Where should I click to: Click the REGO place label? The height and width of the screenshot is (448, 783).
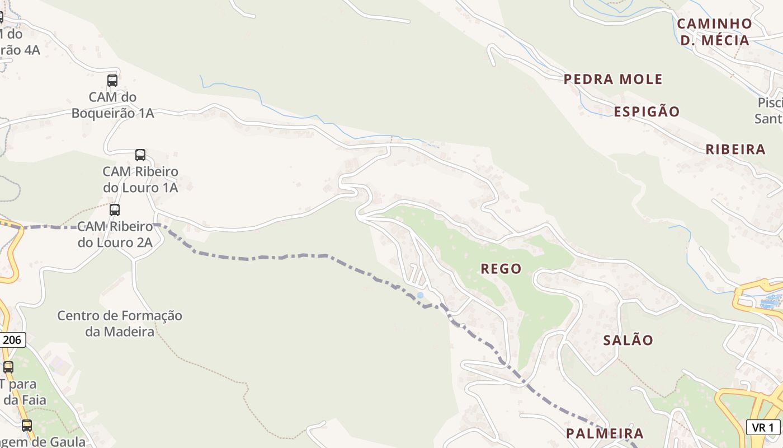pos(501,269)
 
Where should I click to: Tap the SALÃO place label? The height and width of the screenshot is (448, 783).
pos(628,340)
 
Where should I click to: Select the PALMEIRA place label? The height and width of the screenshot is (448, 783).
pos(605,433)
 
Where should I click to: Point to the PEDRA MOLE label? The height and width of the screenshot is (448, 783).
pos(613,79)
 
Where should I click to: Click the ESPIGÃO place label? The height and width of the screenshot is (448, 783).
pos(647,111)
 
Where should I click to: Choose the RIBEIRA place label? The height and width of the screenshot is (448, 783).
pos(735,150)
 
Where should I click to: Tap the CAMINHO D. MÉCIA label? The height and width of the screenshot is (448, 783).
pos(714,32)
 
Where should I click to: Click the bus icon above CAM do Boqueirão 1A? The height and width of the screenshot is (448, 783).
pos(112,81)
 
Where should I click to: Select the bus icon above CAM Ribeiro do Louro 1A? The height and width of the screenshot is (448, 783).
pos(140,155)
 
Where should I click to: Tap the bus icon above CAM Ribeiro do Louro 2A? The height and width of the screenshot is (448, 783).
pos(115,210)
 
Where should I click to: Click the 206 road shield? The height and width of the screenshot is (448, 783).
pos(12,340)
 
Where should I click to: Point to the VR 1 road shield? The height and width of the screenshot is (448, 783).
pos(763,427)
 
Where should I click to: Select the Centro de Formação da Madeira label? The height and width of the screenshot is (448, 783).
pos(120,324)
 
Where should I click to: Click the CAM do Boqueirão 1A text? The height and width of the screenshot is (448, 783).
pos(112,105)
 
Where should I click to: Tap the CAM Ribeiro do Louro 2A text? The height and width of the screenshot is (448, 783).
pos(115,235)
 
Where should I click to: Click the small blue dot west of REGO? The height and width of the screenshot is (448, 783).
pos(420,295)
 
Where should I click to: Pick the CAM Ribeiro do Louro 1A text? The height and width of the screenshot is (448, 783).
pos(140,179)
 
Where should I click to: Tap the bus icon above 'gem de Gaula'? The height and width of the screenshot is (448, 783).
pos(26,426)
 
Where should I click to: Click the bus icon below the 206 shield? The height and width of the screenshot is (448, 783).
pos(8,367)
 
